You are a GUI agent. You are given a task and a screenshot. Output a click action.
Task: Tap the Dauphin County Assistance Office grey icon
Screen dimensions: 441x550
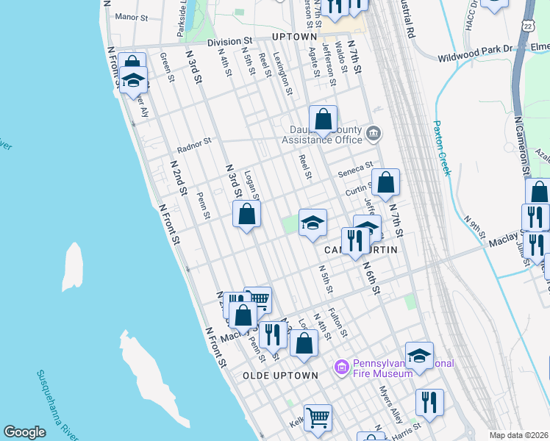[x=374, y=135]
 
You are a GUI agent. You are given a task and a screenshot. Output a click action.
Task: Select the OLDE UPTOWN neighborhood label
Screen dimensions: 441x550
[x=280, y=376]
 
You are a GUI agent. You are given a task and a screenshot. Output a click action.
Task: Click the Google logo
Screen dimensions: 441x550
[x=24, y=432]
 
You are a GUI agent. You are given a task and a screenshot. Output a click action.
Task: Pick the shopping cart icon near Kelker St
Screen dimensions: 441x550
[x=318, y=417]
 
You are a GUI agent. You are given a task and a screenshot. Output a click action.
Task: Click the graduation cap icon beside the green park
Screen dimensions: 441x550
[x=312, y=223]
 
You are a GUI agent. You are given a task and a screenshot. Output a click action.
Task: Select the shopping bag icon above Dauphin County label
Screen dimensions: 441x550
[x=323, y=118]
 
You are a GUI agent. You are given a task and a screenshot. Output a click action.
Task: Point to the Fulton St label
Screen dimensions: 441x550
[x=337, y=322]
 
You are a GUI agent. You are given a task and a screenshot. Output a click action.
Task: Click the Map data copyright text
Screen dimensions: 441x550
[x=518, y=435]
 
